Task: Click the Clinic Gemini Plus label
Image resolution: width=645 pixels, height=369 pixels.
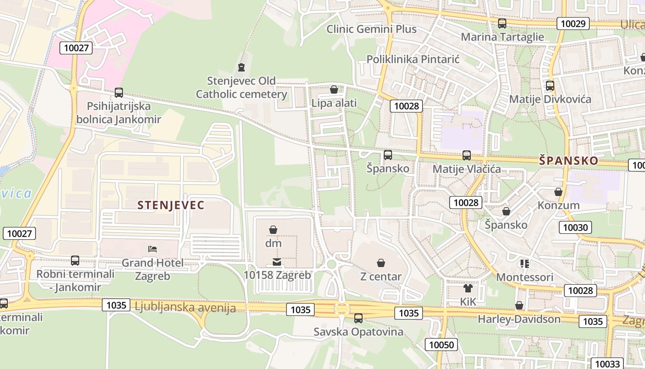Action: (371, 29)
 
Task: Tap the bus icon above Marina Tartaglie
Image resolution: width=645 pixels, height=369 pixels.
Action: (502, 23)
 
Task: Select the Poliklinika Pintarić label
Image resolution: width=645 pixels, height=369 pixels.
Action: (413, 60)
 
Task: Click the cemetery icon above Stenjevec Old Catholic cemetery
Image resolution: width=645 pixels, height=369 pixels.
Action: (241, 67)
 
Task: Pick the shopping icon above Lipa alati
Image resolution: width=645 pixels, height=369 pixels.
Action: (334, 89)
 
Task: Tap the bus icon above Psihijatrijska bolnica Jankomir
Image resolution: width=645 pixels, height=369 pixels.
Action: (119, 93)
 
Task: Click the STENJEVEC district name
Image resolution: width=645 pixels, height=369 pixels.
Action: (170, 205)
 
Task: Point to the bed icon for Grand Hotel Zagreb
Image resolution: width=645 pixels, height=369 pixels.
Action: (152, 249)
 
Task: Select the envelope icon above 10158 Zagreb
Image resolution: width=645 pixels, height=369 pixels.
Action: (277, 262)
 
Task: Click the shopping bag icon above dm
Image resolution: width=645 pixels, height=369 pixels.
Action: (273, 229)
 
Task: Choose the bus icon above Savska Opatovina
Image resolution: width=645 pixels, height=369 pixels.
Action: (358, 318)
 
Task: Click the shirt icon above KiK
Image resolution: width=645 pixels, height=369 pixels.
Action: (468, 289)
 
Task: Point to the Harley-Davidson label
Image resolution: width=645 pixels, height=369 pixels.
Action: (519, 319)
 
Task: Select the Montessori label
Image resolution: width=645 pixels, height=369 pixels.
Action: (524, 277)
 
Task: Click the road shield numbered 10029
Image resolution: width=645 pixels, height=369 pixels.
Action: (573, 24)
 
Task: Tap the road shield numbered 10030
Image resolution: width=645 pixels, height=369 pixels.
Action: (575, 227)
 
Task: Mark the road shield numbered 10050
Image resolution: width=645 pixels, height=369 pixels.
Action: (441, 345)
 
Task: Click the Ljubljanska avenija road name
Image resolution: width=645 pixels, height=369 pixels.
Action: (185, 308)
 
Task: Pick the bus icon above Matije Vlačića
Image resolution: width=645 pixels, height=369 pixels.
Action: (467, 155)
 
